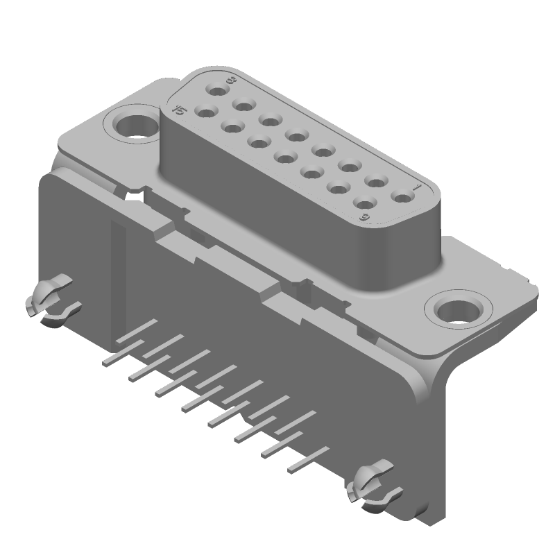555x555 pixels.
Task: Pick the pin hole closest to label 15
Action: [204, 110]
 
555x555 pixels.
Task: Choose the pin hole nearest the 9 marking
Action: [364, 203]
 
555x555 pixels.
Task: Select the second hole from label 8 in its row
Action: [243, 105]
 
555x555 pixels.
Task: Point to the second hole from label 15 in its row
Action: [231, 126]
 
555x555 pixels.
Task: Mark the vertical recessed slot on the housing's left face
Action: [119, 277]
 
